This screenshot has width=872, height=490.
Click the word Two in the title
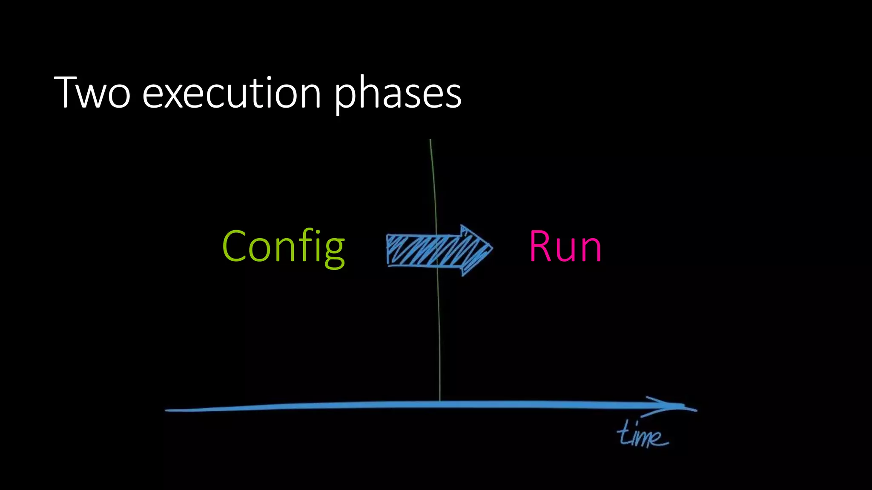click(92, 92)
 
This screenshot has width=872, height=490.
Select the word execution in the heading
click(232, 92)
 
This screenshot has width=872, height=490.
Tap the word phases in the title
click(398, 94)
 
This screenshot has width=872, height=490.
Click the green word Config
click(283, 247)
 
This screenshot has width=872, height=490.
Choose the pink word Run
click(565, 246)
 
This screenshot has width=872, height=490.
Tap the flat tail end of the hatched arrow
click(388, 250)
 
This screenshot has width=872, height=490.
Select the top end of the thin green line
click(430, 140)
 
